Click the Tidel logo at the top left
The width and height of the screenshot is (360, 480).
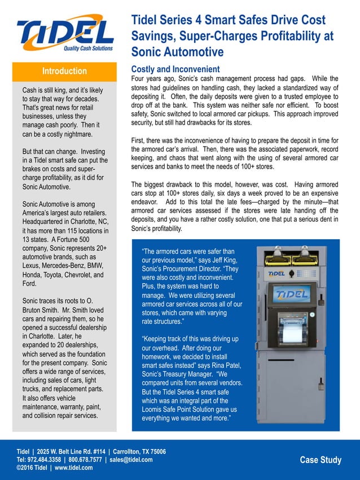coord(65,34)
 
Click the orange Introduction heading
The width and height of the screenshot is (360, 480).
coord(64,71)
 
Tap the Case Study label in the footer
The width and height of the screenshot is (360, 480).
coord(321,460)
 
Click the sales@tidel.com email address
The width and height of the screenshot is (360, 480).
coord(131,460)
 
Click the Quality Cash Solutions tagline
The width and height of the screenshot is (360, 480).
coord(87,49)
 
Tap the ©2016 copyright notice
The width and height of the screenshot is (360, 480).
coord(27,468)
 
